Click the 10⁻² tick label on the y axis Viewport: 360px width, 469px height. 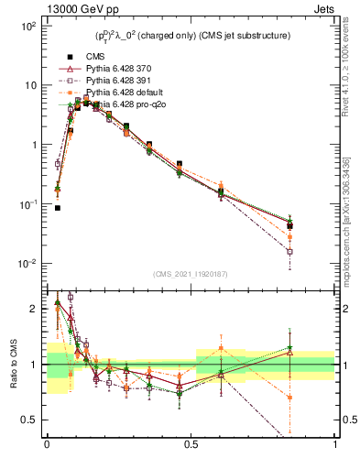pos(26,264)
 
